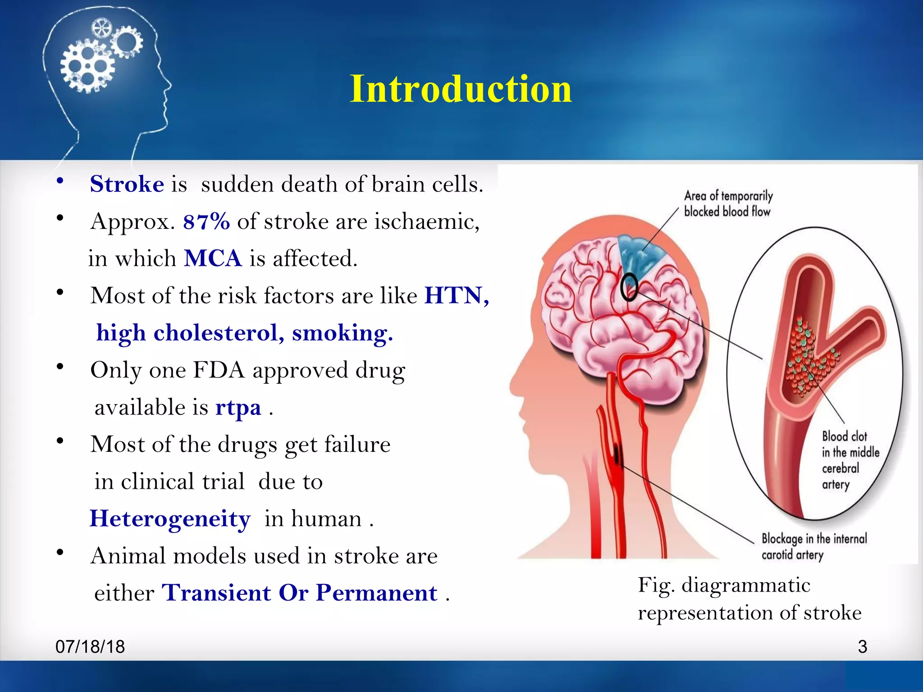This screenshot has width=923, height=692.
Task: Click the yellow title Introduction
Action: [461, 89]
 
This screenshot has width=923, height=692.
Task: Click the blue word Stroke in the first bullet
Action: [127, 184]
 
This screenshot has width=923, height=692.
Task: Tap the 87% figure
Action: [206, 222]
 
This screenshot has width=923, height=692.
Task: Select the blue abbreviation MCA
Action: [213, 259]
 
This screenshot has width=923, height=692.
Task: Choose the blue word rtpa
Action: [238, 407]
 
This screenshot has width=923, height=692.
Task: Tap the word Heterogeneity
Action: [169, 519]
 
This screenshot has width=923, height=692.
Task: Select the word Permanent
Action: [376, 593]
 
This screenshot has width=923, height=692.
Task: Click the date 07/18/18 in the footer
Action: [90, 646]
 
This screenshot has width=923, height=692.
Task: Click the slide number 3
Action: [862, 646]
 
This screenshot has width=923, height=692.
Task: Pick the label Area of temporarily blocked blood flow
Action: [728, 204]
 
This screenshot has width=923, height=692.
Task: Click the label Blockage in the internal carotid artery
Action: [813, 546]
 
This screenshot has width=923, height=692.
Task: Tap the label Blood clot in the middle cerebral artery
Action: [850, 460]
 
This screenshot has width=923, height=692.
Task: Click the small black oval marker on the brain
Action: [629, 287]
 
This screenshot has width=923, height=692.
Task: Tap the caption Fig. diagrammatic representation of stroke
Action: [749, 599]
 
